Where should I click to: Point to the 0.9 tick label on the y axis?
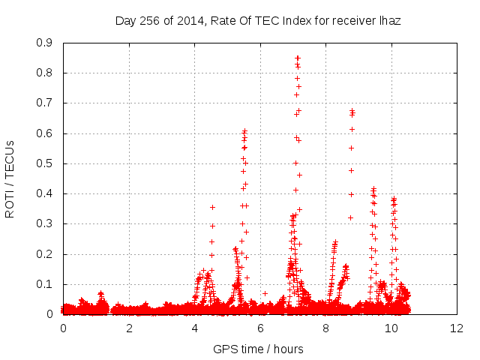pyautogui.click(x=44, y=43)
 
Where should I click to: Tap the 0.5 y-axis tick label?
pyautogui.click(x=44, y=163)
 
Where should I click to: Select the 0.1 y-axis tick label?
pyautogui.click(x=44, y=284)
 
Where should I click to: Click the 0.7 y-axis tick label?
pyautogui.click(x=44, y=103)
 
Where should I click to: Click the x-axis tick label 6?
pyautogui.click(x=260, y=328)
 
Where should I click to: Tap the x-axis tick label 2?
pyautogui.click(x=129, y=328)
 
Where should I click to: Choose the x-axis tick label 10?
pyautogui.click(x=391, y=328)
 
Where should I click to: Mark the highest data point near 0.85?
pyautogui.click(x=298, y=57)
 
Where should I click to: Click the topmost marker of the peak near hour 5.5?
pyautogui.click(x=244, y=130)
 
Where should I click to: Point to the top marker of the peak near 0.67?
pyautogui.click(x=352, y=111)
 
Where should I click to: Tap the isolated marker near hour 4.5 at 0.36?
pyautogui.click(x=212, y=207)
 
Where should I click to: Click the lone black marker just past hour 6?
pyautogui.click(x=265, y=293)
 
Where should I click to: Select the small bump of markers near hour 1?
pyautogui.click(x=100, y=294)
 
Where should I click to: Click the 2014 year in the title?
pyautogui.click(x=186, y=21)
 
